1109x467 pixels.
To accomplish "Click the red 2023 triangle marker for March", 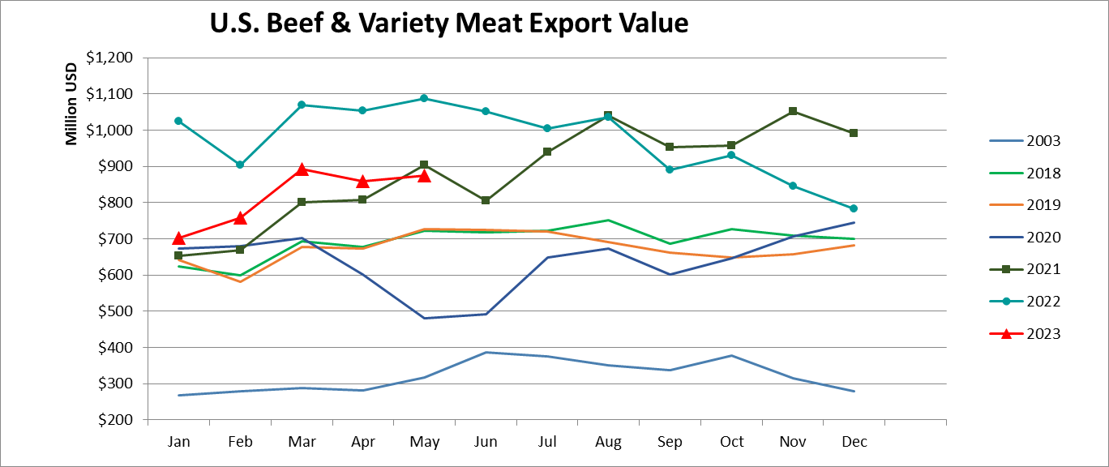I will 302,169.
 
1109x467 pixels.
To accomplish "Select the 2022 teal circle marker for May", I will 424,99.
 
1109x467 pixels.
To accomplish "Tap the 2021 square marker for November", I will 793,111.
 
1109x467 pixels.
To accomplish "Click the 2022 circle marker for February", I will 240,165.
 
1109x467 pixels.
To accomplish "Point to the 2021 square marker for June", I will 486,200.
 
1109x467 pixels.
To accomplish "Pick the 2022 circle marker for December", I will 854,208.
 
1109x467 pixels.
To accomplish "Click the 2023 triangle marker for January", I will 179,238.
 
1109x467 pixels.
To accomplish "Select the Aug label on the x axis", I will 608,442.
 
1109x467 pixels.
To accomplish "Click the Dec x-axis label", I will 854,442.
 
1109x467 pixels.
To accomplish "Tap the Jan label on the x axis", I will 179,442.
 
